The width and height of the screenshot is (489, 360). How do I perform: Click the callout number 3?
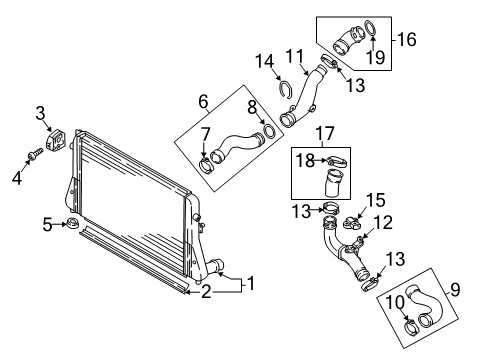[40, 113]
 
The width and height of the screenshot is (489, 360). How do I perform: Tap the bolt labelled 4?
[35, 155]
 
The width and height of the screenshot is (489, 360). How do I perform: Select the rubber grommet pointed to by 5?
[72, 223]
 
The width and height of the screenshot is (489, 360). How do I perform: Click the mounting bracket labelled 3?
[56, 140]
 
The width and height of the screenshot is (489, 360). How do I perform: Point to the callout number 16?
[407, 39]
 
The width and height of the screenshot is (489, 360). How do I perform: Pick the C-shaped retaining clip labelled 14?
[286, 89]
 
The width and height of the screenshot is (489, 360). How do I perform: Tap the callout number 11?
[295, 56]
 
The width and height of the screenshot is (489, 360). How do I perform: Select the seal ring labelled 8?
[269, 131]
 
